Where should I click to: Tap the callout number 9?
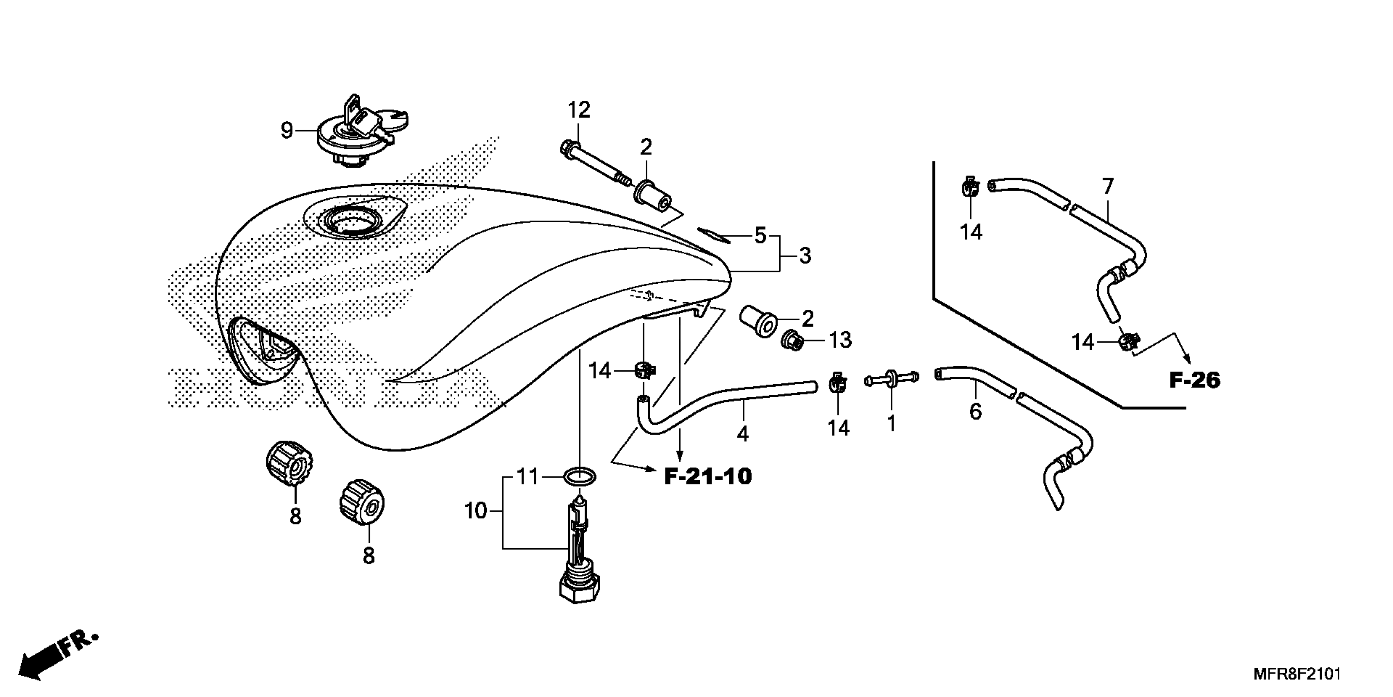click(287, 130)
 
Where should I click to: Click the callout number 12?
click(579, 110)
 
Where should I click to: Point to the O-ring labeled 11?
click(580, 478)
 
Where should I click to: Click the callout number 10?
click(476, 511)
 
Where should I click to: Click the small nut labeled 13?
click(792, 341)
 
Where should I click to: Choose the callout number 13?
click(840, 340)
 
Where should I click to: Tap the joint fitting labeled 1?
click(891, 379)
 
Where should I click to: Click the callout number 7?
click(1107, 187)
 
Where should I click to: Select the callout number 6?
click(975, 412)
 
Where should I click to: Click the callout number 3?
click(805, 255)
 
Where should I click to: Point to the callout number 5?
click(760, 235)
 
